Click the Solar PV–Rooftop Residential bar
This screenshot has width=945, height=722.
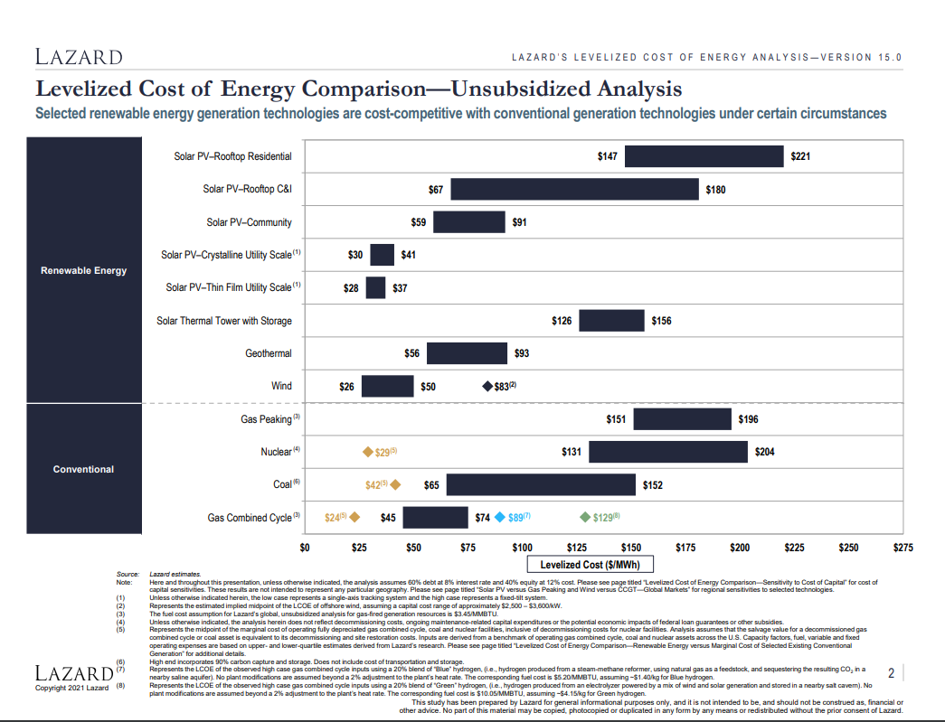[x=704, y=156]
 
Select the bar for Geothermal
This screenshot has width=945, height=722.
[x=467, y=353]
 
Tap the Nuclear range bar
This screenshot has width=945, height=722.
[x=668, y=452]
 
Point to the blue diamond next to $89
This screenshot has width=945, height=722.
[x=500, y=518]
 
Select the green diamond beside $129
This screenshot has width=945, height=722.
[x=585, y=518]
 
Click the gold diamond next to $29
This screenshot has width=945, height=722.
[x=368, y=452]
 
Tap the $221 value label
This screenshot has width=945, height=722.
[x=800, y=156]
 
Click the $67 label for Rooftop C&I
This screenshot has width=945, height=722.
[x=435, y=190]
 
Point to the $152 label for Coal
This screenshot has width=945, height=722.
[x=652, y=485]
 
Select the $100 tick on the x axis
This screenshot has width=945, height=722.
[x=522, y=547]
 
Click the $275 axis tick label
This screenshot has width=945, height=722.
[x=902, y=547]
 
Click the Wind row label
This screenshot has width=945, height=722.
[x=281, y=386]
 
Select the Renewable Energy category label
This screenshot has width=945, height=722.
[x=84, y=270]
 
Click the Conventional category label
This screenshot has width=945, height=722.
[x=84, y=469]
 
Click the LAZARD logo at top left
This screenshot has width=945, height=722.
[x=79, y=57]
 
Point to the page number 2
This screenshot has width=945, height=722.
[x=891, y=673]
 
